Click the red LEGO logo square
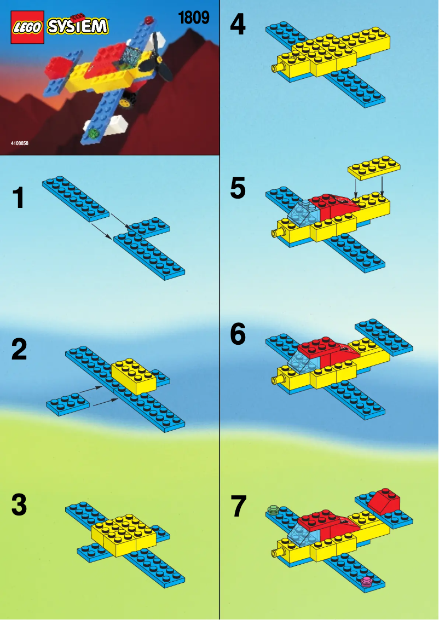tap(28, 28)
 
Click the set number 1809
tap(194, 18)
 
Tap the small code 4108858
tap(19, 143)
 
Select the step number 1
tap(19, 198)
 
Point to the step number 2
tap(19, 351)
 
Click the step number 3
tap(19, 506)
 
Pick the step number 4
tap(238, 25)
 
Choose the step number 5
tap(238, 189)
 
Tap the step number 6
tap(238, 334)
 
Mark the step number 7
tap(238, 506)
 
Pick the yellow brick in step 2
tap(134, 375)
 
